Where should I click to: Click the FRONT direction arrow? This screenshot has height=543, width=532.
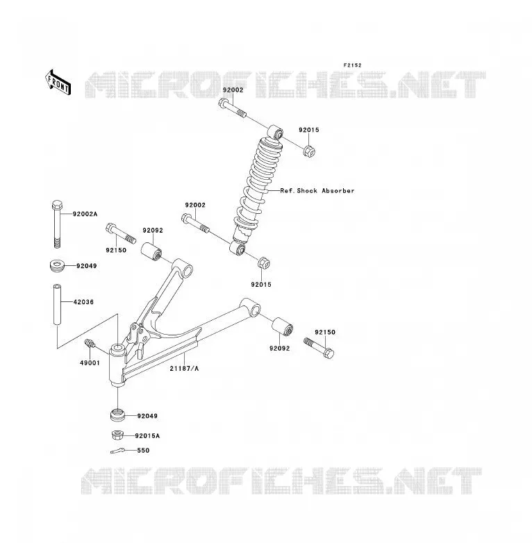(58, 83)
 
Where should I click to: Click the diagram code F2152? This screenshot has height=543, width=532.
(352, 65)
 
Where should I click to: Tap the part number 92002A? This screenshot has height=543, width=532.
(85, 214)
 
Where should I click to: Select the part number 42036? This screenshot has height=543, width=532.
(83, 302)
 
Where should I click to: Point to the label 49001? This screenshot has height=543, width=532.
(90, 363)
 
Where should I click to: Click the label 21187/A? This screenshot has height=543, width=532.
(184, 369)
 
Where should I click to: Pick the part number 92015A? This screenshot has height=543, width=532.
(147, 435)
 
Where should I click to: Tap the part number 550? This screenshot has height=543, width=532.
(143, 450)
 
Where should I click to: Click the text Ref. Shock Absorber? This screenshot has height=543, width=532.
(317, 190)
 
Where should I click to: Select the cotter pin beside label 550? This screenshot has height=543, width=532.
(117, 451)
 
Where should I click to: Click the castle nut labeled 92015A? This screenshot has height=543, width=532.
(118, 435)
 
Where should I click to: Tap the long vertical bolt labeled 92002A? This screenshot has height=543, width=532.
(57, 224)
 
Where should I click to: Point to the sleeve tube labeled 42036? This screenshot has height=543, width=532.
(57, 304)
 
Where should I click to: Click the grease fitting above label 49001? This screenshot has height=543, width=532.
(90, 343)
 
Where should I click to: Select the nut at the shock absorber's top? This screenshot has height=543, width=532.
(309, 151)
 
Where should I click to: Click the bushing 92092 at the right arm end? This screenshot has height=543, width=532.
(282, 326)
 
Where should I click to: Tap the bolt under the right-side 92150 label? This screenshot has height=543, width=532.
(319, 348)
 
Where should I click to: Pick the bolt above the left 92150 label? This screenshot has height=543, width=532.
(121, 233)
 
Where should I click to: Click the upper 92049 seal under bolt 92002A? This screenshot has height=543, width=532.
(57, 266)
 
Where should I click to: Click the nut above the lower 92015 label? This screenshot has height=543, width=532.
(264, 263)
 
